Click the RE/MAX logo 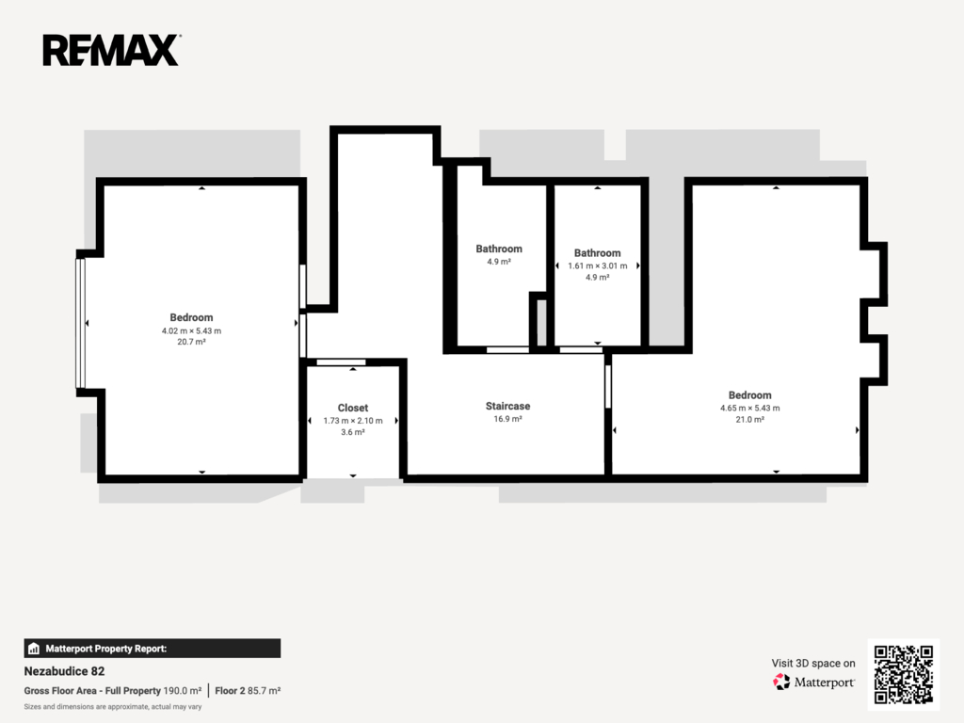[111, 51]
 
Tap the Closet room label [353, 408]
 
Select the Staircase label [507, 406]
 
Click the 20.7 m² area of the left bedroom [191, 342]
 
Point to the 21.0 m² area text [750, 419]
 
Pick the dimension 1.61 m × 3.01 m [598, 265]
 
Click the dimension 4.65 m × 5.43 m [750, 408]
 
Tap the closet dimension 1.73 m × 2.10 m [353, 421]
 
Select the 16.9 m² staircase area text [507, 419]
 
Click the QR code [904, 674]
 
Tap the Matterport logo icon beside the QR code [781, 682]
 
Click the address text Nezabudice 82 [65, 671]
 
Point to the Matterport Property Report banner [153, 649]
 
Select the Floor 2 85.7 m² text [248, 690]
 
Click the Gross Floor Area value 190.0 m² [183, 690]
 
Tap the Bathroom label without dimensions [499, 249]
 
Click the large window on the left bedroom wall [80, 324]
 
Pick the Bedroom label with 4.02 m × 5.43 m [191, 317]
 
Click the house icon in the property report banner [34, 649]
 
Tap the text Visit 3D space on [813, 663]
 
